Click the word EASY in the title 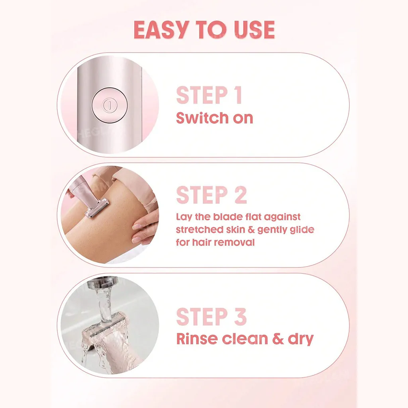click(x=161, y=29)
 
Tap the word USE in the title click(x=254, y=29)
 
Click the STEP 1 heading click(x=209, y=95)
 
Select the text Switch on click(x=214, y=118)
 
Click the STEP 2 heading click(x=211, y=195)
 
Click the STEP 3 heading click(x=211, y=317)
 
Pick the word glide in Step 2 click(x=302, y=230)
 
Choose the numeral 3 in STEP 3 click(x=240, y=317)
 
